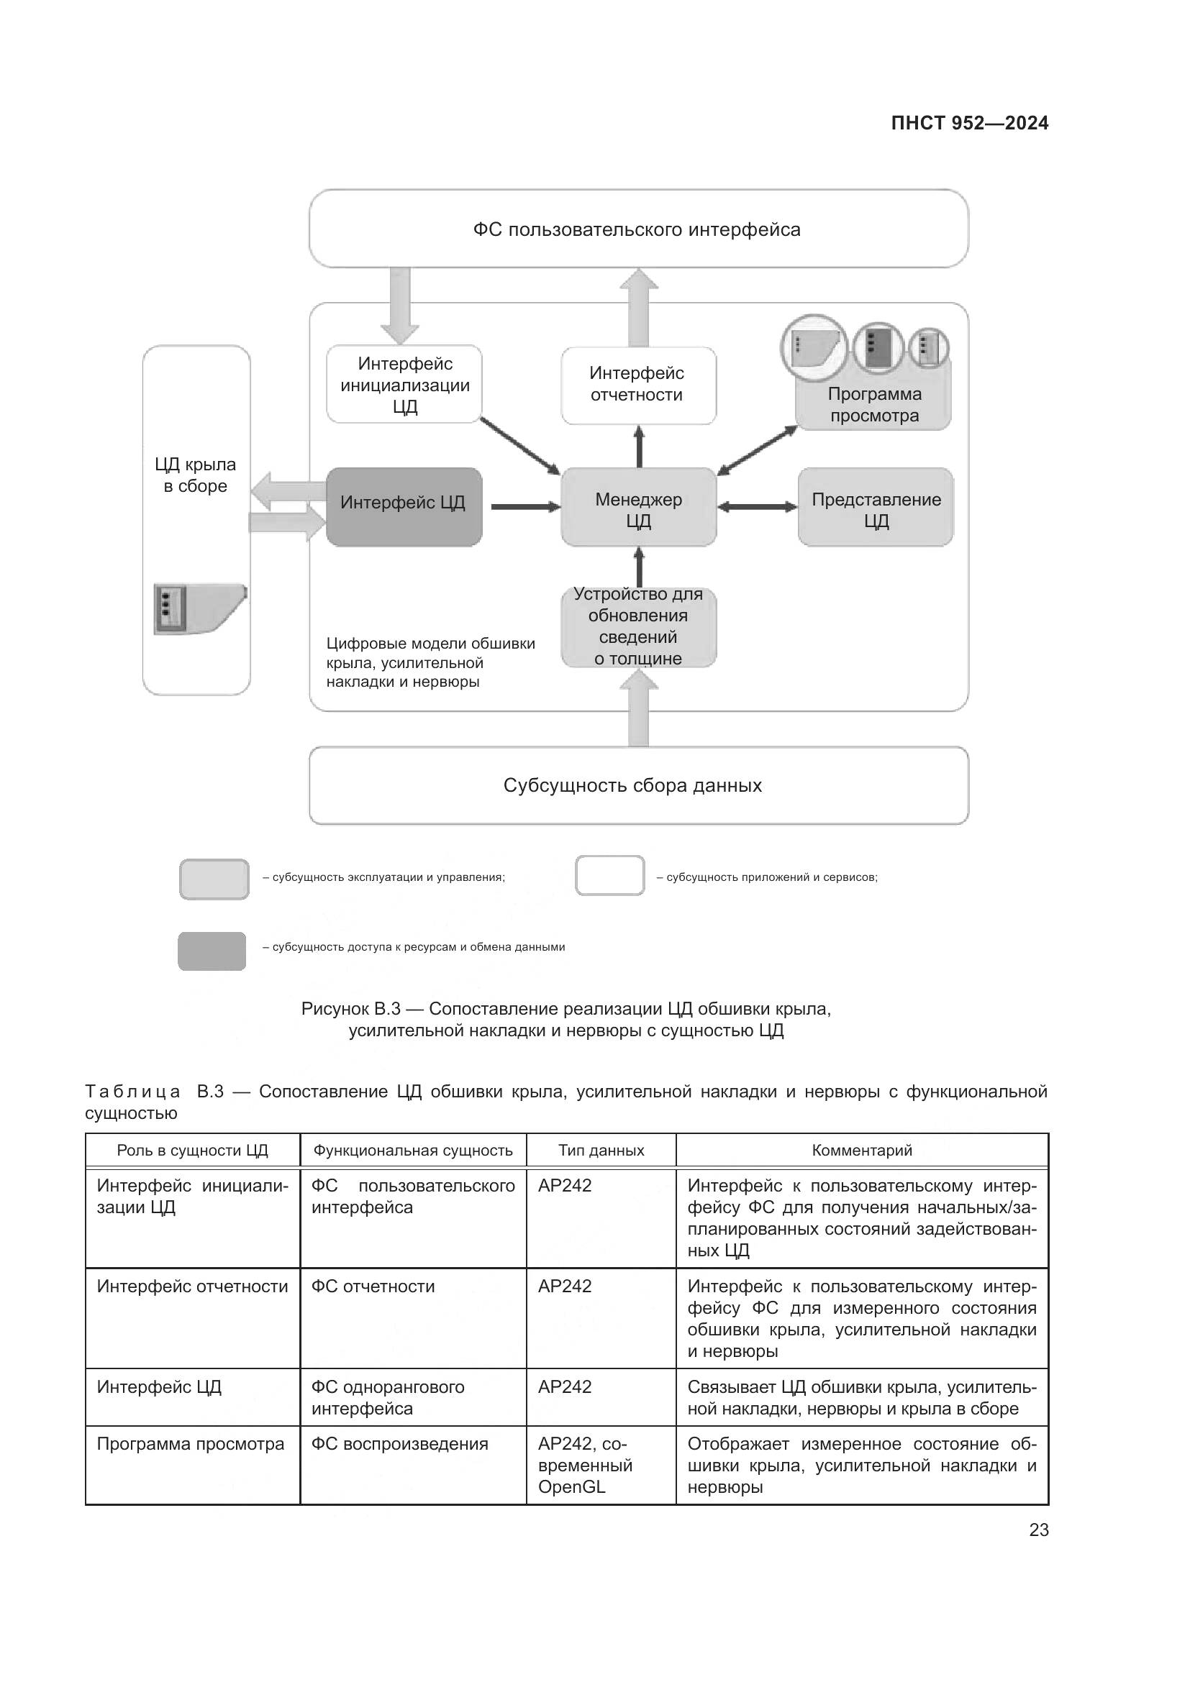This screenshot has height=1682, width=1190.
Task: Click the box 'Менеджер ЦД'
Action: point(638,508)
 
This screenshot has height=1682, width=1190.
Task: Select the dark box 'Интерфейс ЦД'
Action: point(404,506)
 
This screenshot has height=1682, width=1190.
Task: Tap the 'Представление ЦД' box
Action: point(876,508)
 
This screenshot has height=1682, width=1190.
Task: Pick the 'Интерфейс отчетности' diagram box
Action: point(638,385)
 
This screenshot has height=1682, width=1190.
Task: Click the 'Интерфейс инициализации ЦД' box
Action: point(404,384)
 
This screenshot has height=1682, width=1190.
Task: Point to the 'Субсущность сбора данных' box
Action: point(638,785)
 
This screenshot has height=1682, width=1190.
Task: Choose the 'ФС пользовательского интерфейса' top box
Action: point(638,229)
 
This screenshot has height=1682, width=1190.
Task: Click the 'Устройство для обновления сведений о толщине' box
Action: point(638,627)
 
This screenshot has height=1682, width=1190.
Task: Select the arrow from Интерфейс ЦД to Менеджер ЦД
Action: point(524,506)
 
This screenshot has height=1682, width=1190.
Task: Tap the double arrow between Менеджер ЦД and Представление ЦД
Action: point(757,506)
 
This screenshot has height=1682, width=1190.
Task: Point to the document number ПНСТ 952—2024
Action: point(968,123)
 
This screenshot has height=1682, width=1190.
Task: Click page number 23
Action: point(1038,1530)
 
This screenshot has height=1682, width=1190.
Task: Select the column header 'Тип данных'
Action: point(601,1150)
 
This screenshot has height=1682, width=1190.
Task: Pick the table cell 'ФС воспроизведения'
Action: point(399,1444)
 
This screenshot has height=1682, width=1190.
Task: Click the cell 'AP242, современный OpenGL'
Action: point(585,1465)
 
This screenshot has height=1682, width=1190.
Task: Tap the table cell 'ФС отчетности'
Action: point(373,1286)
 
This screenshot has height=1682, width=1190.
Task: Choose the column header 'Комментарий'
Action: point(862,1150)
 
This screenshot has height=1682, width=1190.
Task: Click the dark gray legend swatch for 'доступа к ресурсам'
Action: point(212,951)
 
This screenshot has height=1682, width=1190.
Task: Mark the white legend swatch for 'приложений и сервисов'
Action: point(609,875)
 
